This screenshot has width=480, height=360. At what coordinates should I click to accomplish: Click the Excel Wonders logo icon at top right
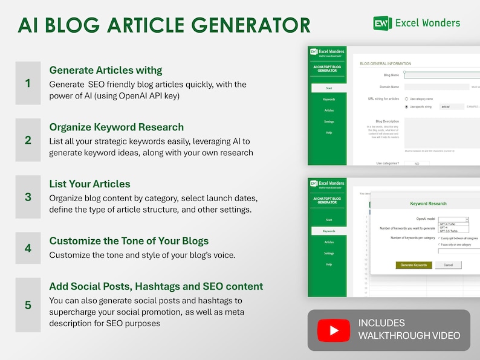coord(382,23)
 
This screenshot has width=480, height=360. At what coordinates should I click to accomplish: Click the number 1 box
coord(28,83)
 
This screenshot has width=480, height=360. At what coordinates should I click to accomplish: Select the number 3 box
coord(28,197)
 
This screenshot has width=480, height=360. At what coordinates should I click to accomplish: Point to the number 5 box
coord(28,304)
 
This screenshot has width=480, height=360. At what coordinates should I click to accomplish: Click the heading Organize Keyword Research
coord(117,127)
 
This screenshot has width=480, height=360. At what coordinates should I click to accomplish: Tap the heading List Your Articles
coord(89,184)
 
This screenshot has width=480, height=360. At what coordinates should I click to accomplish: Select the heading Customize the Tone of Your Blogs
coord(129,240)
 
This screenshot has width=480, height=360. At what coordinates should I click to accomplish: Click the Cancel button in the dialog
coord(448,265)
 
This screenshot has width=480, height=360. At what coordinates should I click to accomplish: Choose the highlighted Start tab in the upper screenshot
coord(329,88)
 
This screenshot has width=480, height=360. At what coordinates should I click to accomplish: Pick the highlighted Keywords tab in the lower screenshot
coord(329,231)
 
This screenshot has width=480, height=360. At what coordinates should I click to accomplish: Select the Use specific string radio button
coord(406,106)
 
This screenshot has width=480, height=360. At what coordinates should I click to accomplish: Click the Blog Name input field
coord(441,76)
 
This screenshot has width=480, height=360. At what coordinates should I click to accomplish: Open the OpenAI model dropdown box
coord(453,219)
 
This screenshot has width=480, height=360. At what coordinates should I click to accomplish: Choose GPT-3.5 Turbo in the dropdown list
coord(449,231)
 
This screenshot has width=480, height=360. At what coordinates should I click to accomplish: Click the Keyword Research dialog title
coord(428,204)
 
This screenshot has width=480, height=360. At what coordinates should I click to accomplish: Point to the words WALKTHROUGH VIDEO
coord(409,336)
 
